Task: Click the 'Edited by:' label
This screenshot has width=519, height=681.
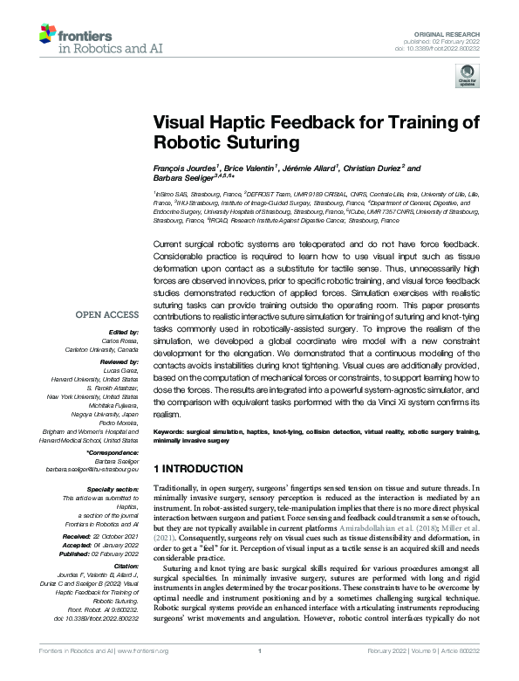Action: click(124, 332)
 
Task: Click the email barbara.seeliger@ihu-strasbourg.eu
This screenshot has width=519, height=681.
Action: click(93, 470)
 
